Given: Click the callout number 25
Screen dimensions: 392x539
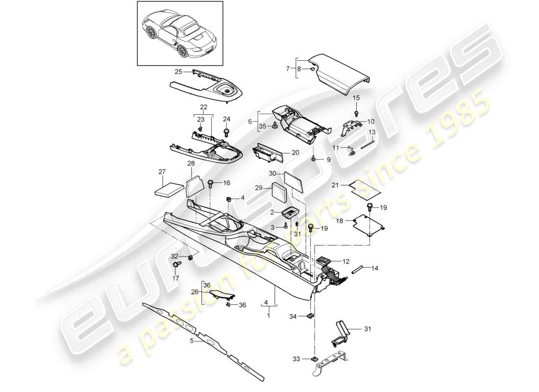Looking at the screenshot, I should [x=178, y=72].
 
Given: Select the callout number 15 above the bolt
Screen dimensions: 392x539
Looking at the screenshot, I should [x=356, y=98].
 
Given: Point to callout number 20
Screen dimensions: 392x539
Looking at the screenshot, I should [x=295, y=152].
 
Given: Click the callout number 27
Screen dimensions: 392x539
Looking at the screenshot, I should [x=162, y=172].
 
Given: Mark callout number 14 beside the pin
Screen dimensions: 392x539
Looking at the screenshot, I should [x=375, y=269].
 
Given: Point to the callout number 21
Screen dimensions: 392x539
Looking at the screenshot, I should [x=335, y=186].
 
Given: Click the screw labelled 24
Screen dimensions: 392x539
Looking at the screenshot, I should [x=226, y=132].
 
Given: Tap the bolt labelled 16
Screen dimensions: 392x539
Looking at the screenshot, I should [x=211, y=185].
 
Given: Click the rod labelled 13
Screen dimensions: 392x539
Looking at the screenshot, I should [x=367, y=146].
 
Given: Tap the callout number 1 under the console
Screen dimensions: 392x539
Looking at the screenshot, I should [x=269, y=317].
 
